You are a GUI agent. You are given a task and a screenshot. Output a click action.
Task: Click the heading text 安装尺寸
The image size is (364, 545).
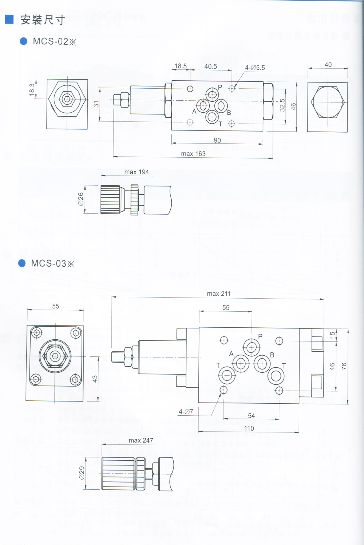[43, 20]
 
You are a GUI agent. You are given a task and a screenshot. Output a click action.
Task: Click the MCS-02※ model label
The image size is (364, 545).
[54, 41]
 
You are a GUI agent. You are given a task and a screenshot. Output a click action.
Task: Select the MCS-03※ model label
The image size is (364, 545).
[52, 263]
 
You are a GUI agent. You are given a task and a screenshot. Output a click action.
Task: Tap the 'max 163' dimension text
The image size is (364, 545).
[193, 154]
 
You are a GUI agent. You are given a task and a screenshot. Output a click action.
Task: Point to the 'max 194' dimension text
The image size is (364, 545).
[136, 172]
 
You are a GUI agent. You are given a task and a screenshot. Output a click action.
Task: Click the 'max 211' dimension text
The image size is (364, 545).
[219, 294]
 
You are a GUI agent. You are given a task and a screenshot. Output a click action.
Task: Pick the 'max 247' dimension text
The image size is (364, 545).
[141, 440]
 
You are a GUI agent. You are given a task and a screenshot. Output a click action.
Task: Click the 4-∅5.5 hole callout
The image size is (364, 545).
[255, 68]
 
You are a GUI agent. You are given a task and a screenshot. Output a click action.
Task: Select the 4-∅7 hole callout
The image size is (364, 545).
[186, 412]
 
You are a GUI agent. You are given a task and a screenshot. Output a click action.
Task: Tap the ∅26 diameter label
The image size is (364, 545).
[81, 199]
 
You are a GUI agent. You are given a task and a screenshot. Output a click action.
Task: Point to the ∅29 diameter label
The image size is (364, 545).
[82, 473]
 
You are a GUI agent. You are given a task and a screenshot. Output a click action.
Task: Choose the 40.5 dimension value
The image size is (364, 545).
[210, 66]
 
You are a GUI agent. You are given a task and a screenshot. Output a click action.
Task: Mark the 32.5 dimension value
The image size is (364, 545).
[282, 105]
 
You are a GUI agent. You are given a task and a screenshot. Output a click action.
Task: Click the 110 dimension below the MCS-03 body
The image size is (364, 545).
[249, 428]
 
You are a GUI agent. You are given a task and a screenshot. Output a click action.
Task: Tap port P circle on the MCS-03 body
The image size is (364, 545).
[251, 348]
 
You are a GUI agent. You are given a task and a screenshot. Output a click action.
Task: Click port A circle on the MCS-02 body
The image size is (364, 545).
[203, 106]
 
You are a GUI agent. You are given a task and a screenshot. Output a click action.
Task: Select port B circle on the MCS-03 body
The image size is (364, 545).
[262, 363]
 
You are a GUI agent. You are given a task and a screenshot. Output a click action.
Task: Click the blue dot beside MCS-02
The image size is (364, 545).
[24, 41]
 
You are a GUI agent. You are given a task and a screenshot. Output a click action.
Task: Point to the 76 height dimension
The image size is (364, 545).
[344, 367]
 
